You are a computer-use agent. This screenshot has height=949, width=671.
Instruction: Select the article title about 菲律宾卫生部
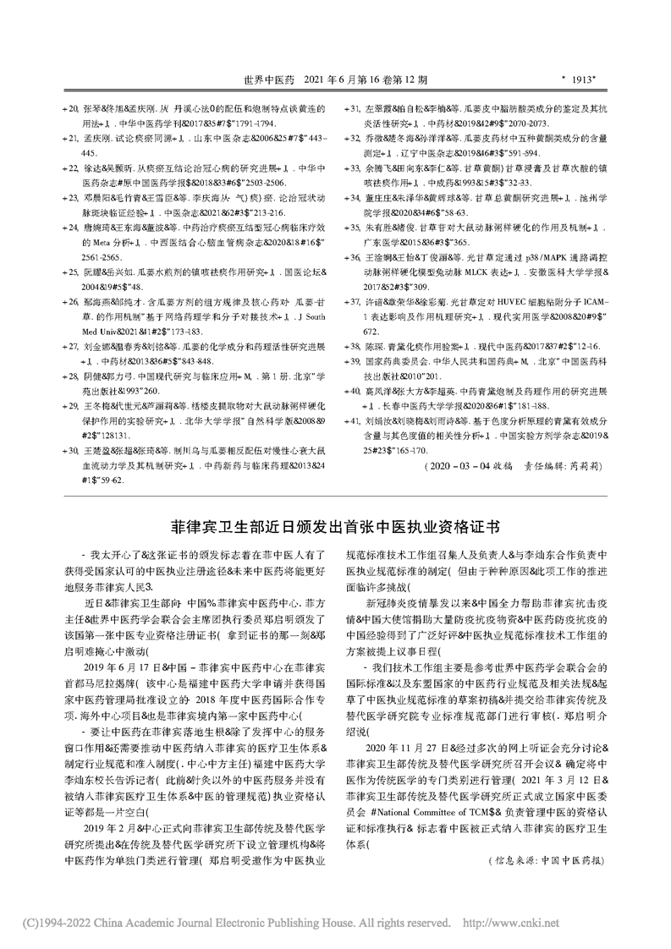coord(334,525)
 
